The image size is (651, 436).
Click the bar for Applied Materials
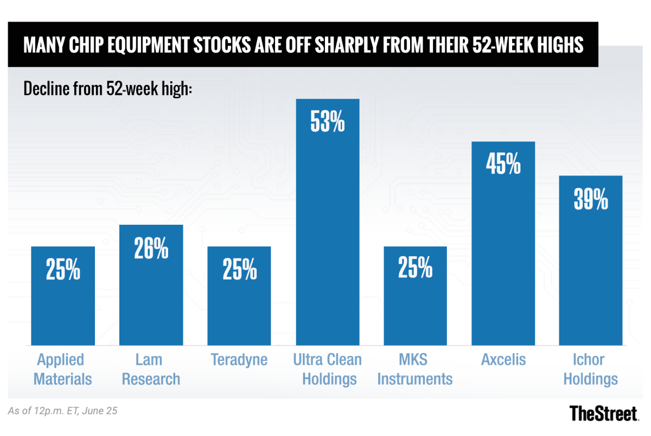63,296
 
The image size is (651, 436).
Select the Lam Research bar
151,285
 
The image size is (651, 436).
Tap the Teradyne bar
239,296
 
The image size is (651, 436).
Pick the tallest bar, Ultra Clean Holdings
327,222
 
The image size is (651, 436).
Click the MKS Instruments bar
415,296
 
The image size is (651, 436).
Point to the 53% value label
327,122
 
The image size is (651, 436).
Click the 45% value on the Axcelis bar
503,165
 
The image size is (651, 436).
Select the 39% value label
591,200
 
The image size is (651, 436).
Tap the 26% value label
151,249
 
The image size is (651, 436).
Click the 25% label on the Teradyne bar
239,270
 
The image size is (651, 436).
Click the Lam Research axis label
151,369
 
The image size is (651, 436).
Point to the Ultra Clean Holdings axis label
327,369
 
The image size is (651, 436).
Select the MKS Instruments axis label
415,369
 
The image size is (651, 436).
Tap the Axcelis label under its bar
503,360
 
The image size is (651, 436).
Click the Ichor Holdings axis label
591,369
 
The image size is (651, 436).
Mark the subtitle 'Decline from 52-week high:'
108,88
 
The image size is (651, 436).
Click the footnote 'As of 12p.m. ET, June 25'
63,411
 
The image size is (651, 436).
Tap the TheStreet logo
604,413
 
